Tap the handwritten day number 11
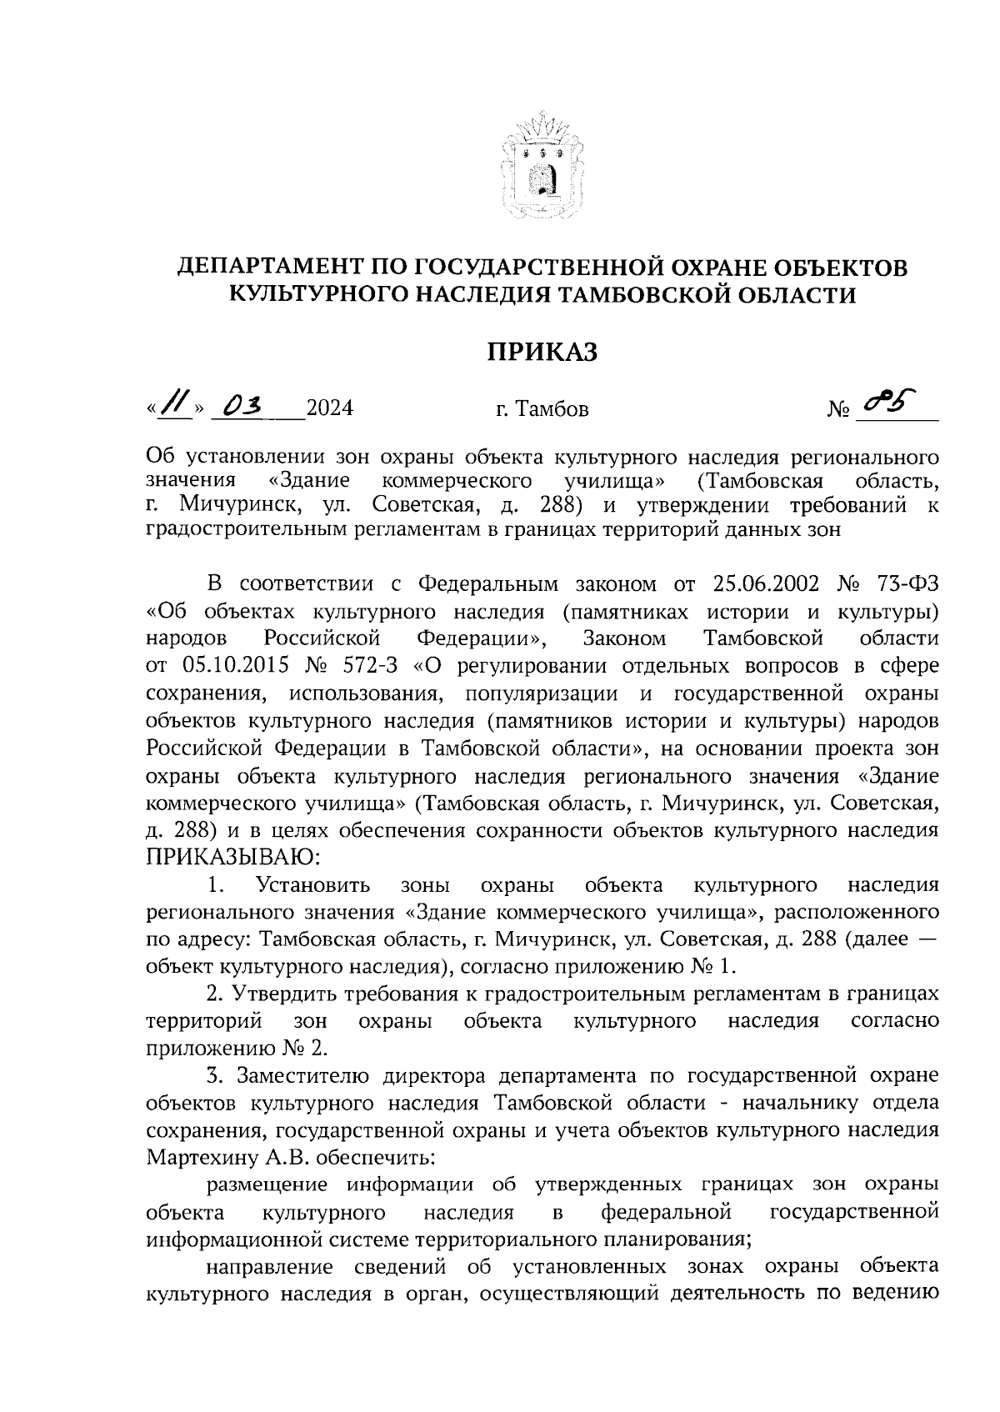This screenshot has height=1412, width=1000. point(175,406)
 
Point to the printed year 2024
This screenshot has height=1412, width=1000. point(329,409)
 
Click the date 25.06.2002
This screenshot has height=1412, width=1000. point(771,584)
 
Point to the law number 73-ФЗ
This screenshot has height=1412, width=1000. point(905,584)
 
